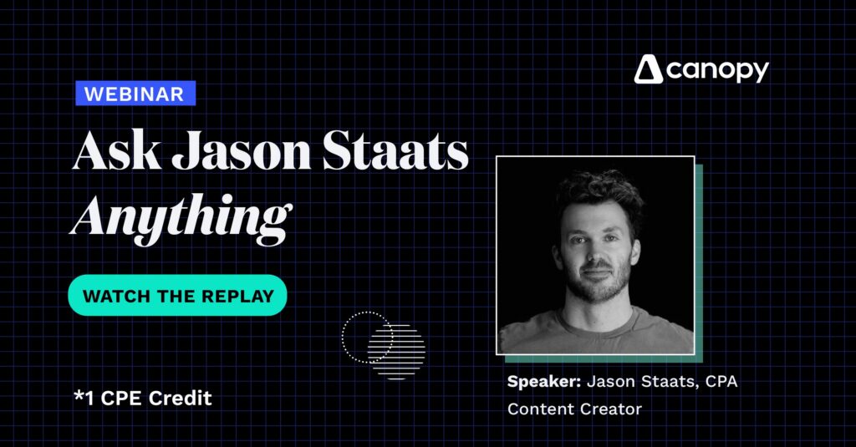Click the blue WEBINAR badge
click(x=135, y=93)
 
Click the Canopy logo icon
click(x=648, y=70)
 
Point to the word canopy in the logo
click(x=717, y=72)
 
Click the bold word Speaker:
click(x=543, y=383)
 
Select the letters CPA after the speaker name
click(x=717, y=383)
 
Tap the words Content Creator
click(x=573, y=409)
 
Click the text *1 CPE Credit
click(x=143, y=399)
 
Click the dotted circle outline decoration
click(x=366, y=336)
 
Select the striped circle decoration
click(x=398, y=351)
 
